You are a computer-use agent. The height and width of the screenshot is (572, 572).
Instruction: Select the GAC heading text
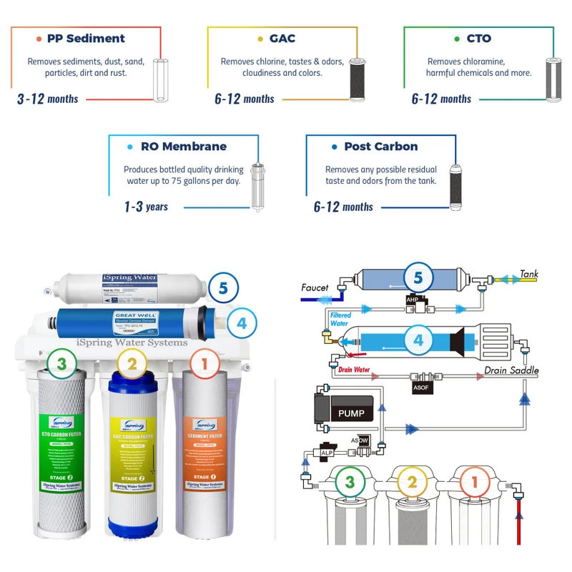click(283, 39)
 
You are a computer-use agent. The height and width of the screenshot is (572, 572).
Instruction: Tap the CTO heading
click(478, 39)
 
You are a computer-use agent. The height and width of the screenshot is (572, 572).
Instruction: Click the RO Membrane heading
click(182, 147)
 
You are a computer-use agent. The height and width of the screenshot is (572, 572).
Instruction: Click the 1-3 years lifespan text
click(146, 207)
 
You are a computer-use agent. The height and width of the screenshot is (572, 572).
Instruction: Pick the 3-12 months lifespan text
click(47, 99)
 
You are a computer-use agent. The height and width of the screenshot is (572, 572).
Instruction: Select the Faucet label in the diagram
click(315, 288)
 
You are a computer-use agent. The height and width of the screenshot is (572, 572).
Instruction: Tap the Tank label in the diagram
click(529, 274)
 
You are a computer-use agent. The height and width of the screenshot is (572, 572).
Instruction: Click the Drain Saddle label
click(511, 370)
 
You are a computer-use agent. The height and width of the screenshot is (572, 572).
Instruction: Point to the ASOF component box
click(422, 387)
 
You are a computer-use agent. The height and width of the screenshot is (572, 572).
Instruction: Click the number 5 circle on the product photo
click(224, 289)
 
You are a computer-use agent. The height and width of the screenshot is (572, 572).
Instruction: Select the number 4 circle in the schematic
click(419, 340)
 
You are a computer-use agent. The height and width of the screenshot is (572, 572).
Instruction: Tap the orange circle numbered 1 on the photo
click(204, 365)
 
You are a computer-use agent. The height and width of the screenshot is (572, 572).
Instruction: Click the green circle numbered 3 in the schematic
click(350, 482)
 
